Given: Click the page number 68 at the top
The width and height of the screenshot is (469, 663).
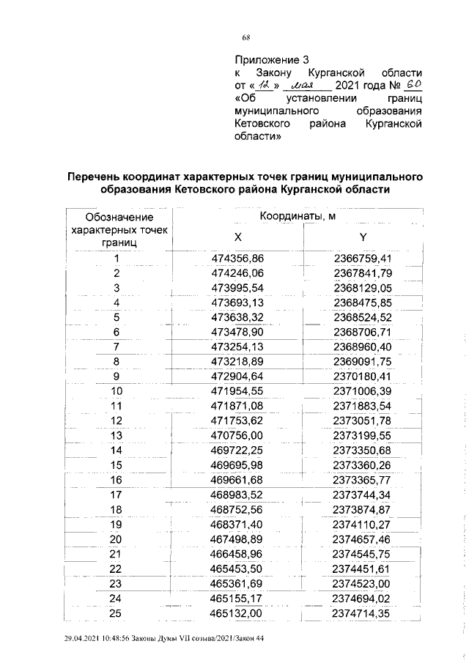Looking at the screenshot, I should click(247, 39).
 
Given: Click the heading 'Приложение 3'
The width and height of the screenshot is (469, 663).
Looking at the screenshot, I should click(267, 59).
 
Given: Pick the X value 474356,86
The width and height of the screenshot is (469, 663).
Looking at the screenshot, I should click(237, 259).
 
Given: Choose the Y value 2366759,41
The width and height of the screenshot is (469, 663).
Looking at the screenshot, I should click(363, 259).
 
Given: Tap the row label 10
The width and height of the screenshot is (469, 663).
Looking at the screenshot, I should click(116, 391).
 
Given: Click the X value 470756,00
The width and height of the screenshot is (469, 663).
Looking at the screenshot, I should click(237, 435).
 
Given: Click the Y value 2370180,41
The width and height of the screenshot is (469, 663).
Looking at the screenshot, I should click(363, 377).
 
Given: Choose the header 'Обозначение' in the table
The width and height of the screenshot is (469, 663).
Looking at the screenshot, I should click(119, 218).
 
